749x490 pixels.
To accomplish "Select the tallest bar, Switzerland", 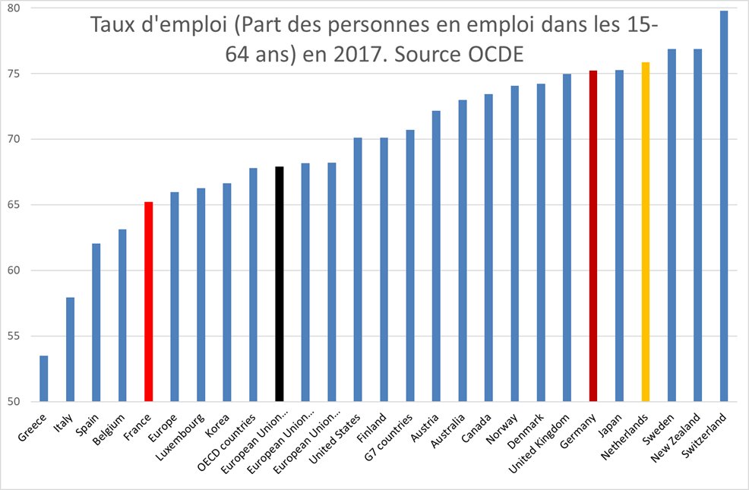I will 724,206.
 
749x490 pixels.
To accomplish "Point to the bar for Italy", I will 70,349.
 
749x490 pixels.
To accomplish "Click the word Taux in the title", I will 112,25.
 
